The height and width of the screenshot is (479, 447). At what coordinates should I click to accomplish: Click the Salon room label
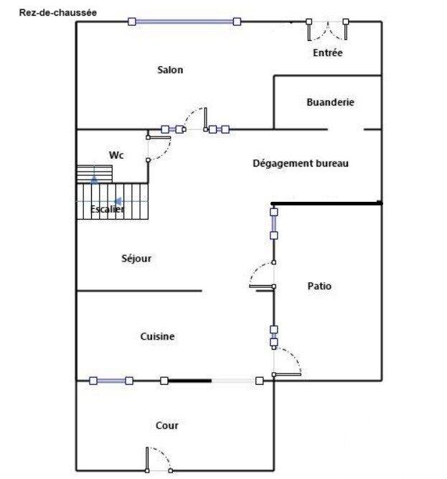pyautogui.click(x=170, y=70)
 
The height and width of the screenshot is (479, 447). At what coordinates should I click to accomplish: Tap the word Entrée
pyautogui.click(x=328, y=53)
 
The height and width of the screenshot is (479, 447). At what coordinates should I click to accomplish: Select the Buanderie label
pyautogui.click(x=330, y=103)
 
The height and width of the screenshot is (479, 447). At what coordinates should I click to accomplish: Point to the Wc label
pyautogui.click(x=116, y=154)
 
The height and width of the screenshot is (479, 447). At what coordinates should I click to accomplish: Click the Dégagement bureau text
pyautogui.click(x=301, y=163)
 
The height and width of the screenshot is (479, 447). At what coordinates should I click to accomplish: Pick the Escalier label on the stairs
pyautogui.click(x=107, y=209)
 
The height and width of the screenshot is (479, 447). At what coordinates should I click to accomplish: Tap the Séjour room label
pyautogui.click(x=136, y=259)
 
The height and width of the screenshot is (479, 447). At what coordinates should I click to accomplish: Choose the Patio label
pyautogui.click(x=319, y=286)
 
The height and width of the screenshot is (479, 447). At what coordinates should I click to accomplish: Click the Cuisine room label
pyautogui.click(x=157, y=336)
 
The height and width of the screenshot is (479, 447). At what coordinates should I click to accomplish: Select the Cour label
pyautogui.click(x=167, y=426)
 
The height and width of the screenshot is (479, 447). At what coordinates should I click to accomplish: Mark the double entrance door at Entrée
pyautogui.click(x=328, y=30)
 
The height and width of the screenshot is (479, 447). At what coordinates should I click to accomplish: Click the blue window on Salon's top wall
pyautogui.click(x=184, y=22)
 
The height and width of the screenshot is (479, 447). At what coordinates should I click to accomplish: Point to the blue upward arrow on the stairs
pyautogui.click(x=94, y=179)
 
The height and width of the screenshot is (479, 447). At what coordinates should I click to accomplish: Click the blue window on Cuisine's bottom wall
pyautogui.click(x=110, y=381)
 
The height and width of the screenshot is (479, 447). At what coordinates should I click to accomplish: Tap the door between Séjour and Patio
pyautogui.click(x=262, y=276)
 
